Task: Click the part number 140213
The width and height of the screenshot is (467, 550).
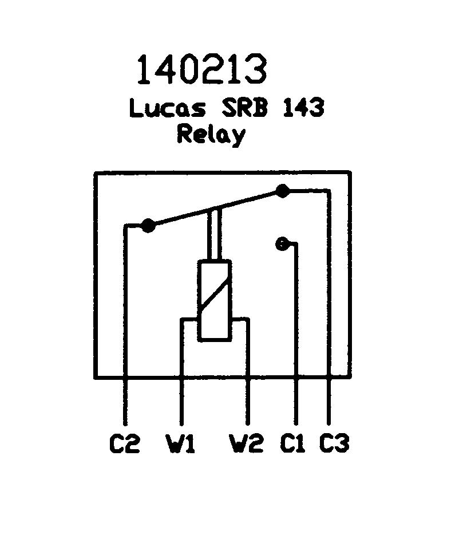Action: click(x=201, y=69)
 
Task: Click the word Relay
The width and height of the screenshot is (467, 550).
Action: click(x=211, y=135)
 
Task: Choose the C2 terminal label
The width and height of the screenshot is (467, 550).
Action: click(x=124, y=443)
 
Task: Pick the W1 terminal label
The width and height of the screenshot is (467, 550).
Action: click(x=181, y=443)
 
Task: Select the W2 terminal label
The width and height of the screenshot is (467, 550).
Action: click(x=247, y=443)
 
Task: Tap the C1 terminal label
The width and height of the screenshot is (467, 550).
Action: click(x=293, y=443)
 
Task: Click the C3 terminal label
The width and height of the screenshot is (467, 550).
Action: click(x=334, y=443)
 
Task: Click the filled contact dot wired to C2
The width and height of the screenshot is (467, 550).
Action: click(x=148, y=226)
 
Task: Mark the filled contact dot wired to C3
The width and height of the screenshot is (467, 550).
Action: click(x=282, y=191)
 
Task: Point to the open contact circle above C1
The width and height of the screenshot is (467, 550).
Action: click(x=281, y=244)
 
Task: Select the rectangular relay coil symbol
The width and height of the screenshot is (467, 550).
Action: click(x=215, y=301)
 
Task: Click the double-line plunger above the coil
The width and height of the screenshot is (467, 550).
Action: click(x=215, y=235)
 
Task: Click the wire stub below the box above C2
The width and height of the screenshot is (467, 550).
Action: click(x=125, y=401)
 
